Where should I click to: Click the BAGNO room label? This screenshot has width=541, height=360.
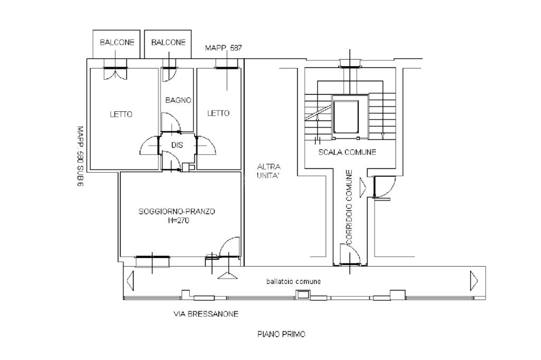click(178, 100)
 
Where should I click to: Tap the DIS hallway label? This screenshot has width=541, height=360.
click(177, 145)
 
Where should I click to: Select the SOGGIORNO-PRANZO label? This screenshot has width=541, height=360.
click(177, 212)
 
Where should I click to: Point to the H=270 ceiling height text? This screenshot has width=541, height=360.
click(178, 221)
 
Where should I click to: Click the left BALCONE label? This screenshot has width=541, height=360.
click(117, 43)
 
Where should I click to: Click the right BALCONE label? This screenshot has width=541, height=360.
click(169, 43)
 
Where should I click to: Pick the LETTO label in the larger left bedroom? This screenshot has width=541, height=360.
click(121, 114)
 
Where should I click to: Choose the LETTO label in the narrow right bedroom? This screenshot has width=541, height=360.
click(218, 113)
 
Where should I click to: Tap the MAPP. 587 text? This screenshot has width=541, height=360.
click(223, 48)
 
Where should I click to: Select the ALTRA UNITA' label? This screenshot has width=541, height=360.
click(268, 172)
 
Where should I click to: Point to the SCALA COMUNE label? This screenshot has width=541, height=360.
click(347, 152)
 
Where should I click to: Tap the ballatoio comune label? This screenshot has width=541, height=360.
click(293, 281)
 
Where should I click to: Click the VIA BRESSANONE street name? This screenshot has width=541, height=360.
click(206, 314)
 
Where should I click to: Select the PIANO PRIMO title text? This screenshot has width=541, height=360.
click(281, 334)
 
